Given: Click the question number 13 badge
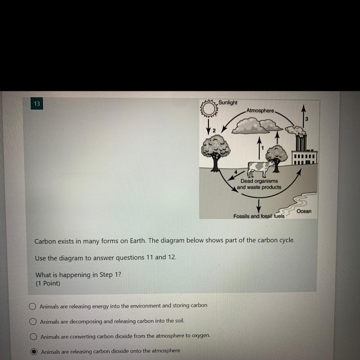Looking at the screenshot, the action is tap(37, 103).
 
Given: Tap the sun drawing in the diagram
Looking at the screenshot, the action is tap(209, 109).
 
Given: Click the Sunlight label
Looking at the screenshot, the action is tap(228, 103).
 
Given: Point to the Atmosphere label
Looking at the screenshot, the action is tap(260, 111).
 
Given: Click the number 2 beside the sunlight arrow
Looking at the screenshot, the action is tap(214, 130).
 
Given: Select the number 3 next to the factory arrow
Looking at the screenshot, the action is tap(307, 119).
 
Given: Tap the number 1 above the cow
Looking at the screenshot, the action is tap(262, 148).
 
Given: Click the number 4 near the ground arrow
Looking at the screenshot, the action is tap(236, 172).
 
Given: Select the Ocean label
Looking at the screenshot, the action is tap(304, 211).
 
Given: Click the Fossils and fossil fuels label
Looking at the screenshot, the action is tap(259, 216).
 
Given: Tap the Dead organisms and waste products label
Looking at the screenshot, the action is tap(259, 184).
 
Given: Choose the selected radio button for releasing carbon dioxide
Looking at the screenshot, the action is tap(34, 352).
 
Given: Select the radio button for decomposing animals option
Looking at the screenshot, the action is tap(33, 322).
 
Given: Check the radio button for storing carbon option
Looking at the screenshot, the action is tap(32, 306).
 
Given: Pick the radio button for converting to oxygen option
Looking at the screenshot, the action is tap(33, 337).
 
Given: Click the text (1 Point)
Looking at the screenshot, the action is tap(48, 283).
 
